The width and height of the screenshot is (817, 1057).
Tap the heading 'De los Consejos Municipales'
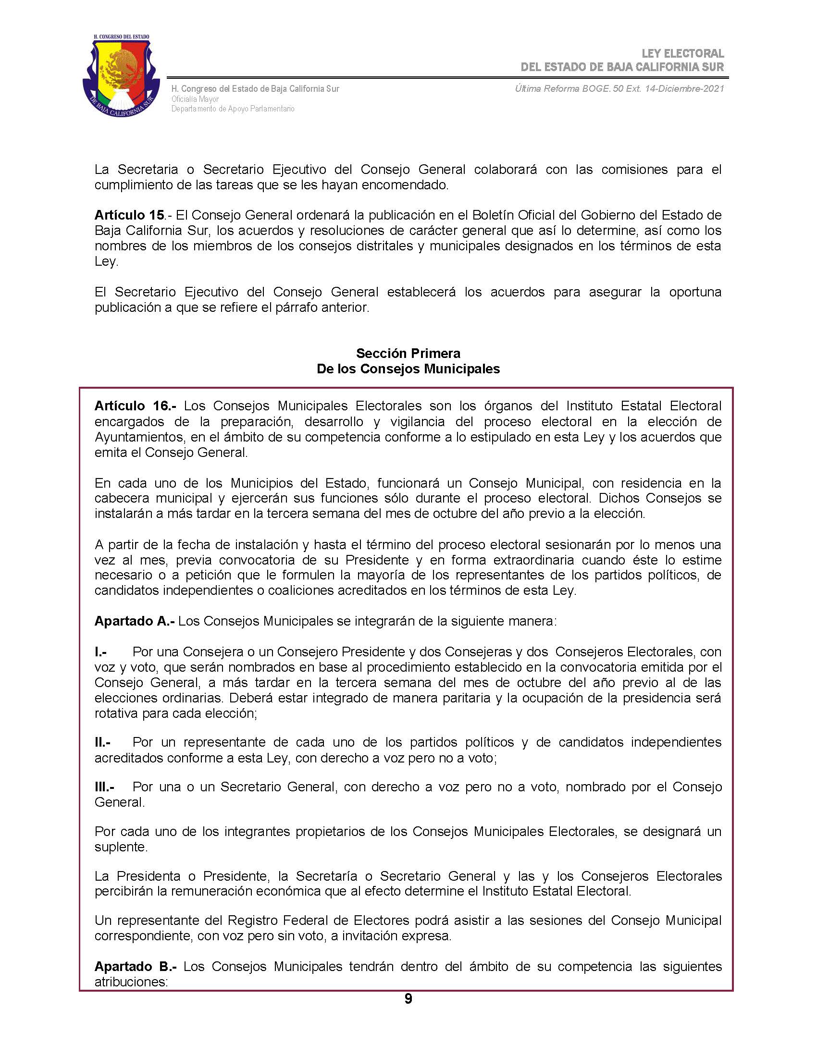(408, 369)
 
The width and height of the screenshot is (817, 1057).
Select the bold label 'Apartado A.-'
(134, 621)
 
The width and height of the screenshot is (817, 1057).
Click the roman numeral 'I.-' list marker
(100, 652)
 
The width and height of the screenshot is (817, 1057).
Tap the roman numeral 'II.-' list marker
(103, 742)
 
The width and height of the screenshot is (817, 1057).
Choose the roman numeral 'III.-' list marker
(105, 787)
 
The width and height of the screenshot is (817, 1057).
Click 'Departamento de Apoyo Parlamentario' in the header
(233, 109)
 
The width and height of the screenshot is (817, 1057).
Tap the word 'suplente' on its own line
(121, 847)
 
